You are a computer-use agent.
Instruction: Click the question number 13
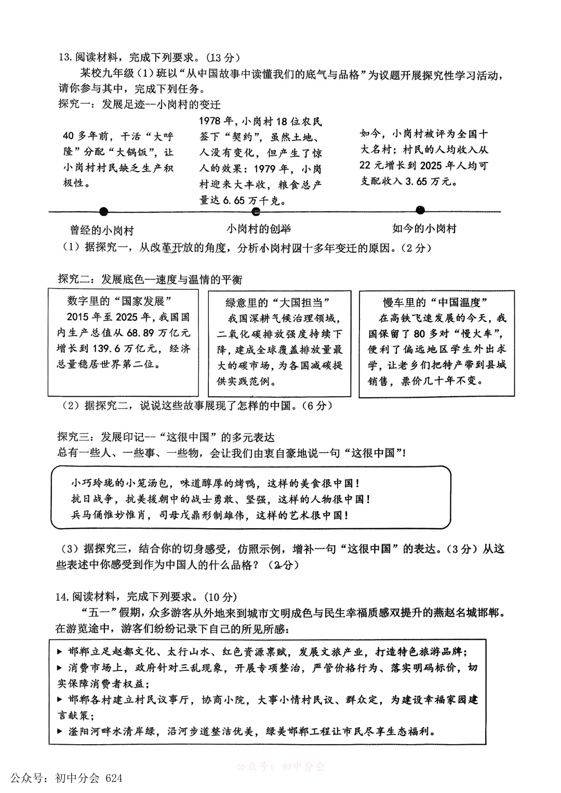[64, 58]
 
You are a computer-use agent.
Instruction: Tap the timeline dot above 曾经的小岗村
[104, 211]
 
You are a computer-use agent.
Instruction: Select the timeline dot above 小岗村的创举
[256, 211]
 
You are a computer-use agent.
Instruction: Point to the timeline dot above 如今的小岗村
[420, 210]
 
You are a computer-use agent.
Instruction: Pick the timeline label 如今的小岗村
[424, 229]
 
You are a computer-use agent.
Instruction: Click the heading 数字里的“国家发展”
[120, 301]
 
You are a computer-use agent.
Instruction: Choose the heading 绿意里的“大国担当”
[278, 303]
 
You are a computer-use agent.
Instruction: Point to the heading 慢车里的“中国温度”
[435, 303]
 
